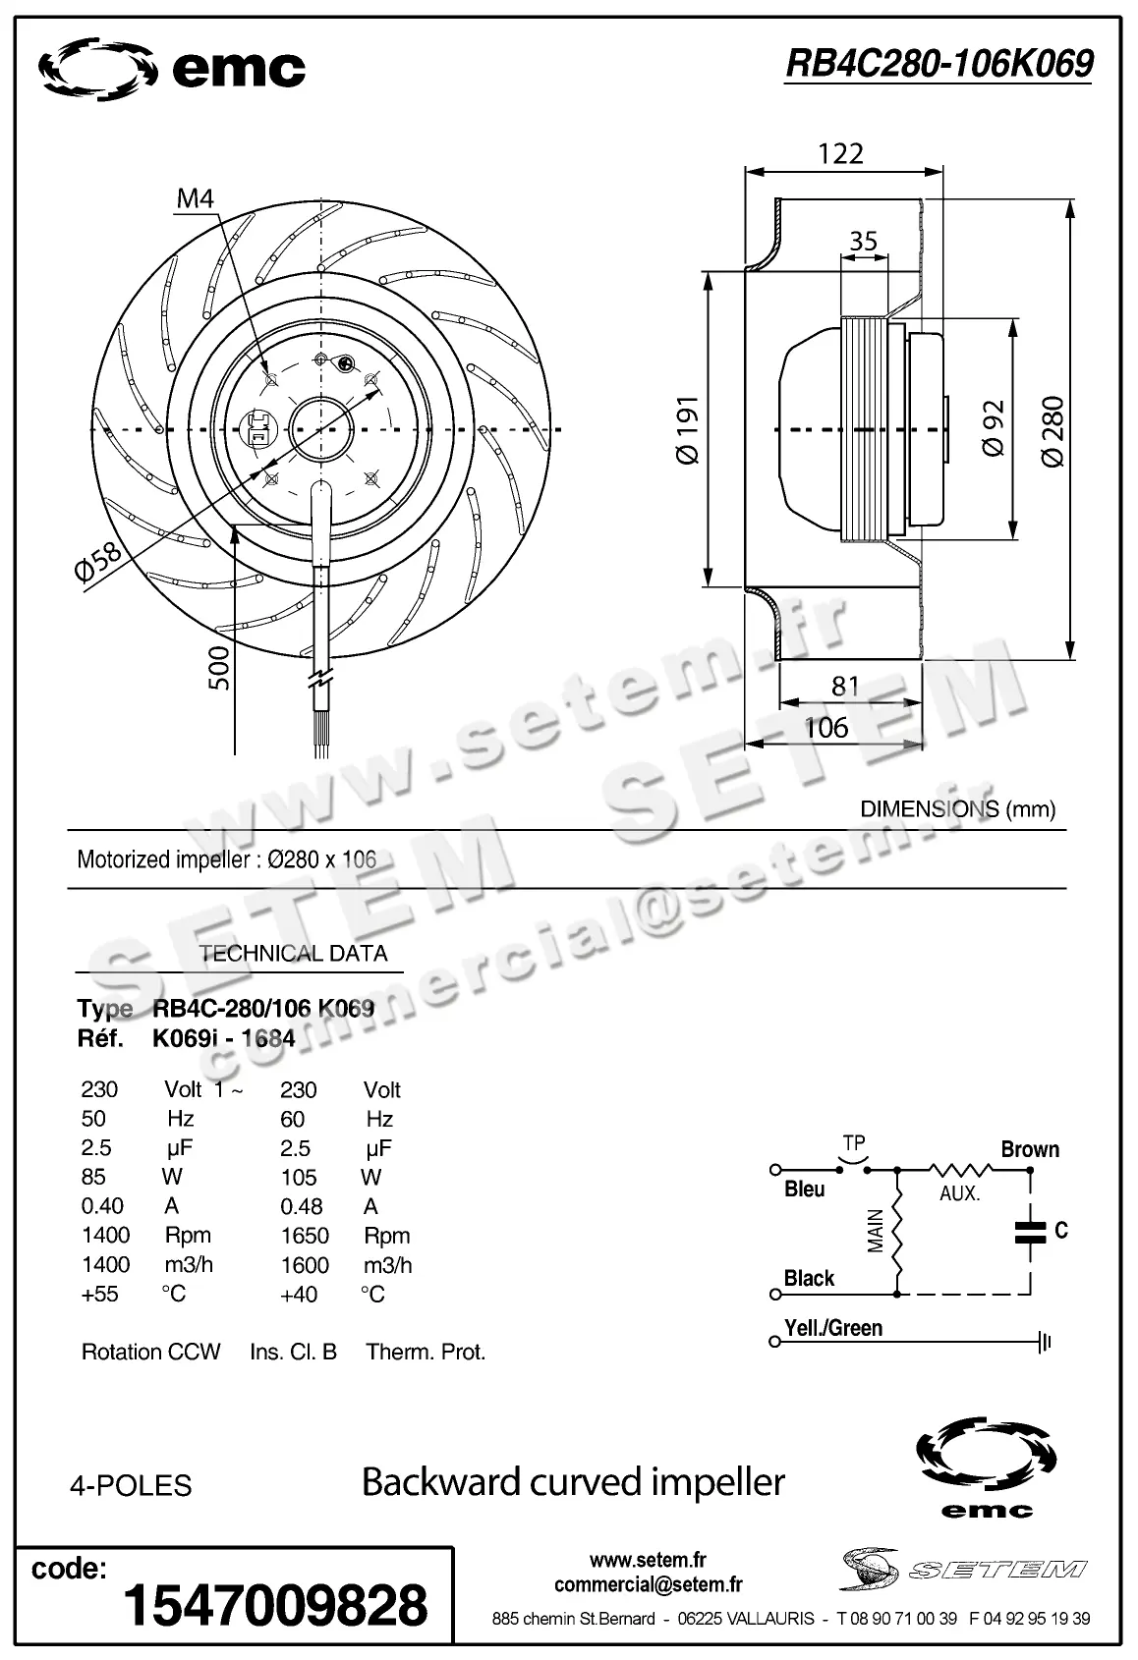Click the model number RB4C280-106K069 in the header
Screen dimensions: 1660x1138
(x=939, y=64)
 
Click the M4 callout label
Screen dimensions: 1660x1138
(x=195, y=199)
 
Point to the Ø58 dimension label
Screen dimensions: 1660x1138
(x=98, y=563)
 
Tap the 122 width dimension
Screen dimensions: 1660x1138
(x=840, y=153)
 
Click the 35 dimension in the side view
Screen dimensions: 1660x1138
(x=863, y=241)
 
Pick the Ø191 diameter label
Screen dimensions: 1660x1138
(x=687, y=429)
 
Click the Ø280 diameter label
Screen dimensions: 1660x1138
(x=1053, y=430)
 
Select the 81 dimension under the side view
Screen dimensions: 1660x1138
(x=845, y=686)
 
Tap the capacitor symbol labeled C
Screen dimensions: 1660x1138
(x=1031, y=1232)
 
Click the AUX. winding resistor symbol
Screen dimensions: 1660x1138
(x=960, y=1170)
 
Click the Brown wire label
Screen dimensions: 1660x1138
(x=1030, y=1149)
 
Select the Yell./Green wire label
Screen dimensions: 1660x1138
(x=833, y=1328)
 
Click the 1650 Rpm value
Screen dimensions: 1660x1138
(x=305, y=1236)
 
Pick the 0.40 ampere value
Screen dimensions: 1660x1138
(x=102, y=1206)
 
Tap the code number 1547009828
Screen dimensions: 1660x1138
(x=275, y=1606)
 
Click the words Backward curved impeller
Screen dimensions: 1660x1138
(x=573, y=1481)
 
